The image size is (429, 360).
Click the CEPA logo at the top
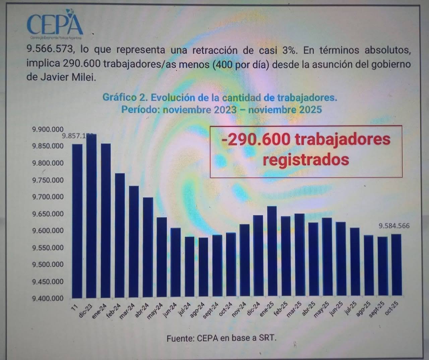click(x=55, y=23)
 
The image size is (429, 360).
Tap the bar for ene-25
click(x=272, y=252)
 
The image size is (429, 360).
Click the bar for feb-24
click(x=120, y=235)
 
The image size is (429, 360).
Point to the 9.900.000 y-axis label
click(x=48, y=129)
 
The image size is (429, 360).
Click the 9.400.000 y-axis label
click(x=48, y=298)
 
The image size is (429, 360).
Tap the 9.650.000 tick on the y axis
click(x=48, y=214)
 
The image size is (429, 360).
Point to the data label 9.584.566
click(x=394, y=226)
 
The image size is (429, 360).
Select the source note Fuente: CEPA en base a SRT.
click(x=222, y=338)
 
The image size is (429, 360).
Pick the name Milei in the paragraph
click(x=84, y=77)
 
